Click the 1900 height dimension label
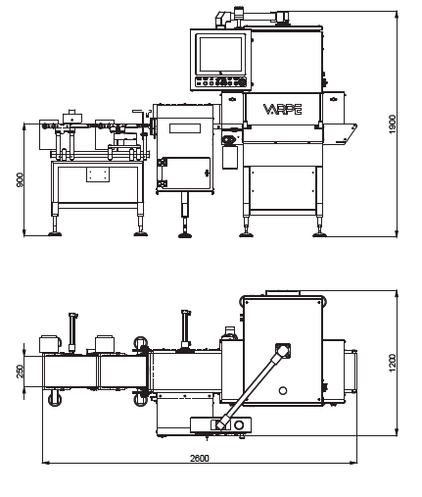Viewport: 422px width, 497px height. point(392,124)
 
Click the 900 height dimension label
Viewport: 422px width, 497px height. point(20,179)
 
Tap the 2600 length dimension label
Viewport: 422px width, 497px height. point(200,458)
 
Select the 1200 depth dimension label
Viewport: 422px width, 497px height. point(392,363)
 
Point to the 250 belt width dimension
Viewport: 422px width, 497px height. point(20,372)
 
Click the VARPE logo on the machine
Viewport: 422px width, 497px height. point(282,110)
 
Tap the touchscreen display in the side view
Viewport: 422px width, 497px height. point(220,54)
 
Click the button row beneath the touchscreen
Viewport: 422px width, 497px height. point(220,82)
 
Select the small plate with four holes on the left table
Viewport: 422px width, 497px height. point(98,174)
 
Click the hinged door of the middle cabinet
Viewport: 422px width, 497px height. point(184,174)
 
